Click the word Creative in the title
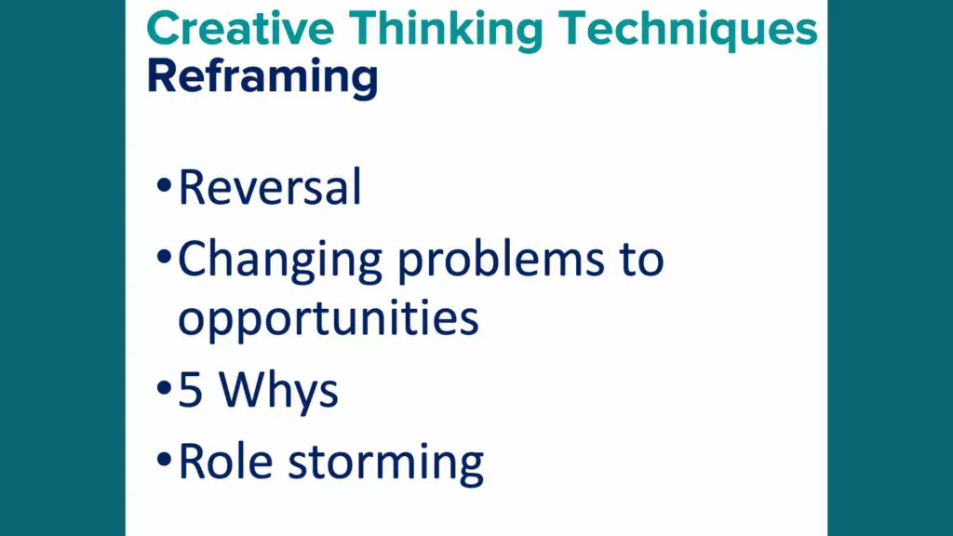coord(240,29)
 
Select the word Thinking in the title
coord(446,32)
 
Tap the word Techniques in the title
coord(688,32)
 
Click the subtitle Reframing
coord(262,78)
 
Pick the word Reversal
coord(270,186)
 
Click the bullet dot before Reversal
coord(164,185)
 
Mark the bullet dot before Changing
coord(164,256)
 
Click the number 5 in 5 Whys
coord(190,391)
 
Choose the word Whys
coord(278,392)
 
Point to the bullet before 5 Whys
coord(164,387)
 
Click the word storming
coord(386,464)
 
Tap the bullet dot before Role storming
coord(164,459)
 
